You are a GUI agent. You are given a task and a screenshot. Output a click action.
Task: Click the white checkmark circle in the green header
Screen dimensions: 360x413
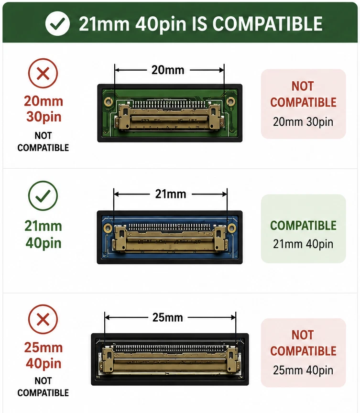57,23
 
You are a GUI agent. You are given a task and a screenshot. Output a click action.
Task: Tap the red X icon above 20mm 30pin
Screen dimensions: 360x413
43,73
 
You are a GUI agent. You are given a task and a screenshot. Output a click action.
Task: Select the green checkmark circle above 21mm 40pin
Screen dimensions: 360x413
43,196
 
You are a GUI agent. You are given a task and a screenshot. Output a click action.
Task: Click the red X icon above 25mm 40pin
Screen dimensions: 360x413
43,319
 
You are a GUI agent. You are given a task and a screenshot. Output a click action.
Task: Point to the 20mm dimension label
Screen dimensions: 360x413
168,70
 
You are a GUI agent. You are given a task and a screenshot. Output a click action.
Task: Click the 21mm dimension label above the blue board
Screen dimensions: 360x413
171,194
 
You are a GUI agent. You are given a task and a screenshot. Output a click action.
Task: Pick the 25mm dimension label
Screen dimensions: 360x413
167,318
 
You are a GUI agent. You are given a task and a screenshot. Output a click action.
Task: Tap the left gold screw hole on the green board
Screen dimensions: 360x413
108,101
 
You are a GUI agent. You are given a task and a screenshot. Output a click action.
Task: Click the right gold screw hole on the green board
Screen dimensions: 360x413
230,100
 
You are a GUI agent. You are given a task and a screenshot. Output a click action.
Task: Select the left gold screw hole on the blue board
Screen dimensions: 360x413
107,228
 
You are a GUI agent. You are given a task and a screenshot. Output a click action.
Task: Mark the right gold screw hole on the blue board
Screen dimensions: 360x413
232,228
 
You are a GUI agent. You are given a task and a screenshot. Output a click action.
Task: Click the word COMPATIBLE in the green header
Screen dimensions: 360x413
267,24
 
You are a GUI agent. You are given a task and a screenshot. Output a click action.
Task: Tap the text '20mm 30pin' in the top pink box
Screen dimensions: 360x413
303,122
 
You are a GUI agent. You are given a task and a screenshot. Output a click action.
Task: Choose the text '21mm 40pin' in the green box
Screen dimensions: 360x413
303,244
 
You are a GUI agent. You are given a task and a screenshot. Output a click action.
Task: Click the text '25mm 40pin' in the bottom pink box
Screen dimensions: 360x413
303,370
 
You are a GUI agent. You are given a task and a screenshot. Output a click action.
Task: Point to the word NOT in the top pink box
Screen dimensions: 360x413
303,87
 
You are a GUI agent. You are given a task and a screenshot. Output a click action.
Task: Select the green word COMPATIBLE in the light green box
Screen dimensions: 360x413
303,226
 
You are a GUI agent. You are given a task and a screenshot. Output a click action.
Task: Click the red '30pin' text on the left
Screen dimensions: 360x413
44,117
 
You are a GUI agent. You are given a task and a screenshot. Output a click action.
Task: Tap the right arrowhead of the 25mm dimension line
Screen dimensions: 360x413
233,317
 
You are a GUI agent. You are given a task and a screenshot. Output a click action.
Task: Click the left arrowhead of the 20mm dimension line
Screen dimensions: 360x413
118,70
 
